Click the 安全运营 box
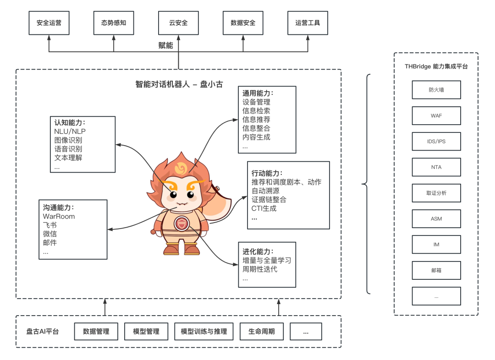coord(49,23)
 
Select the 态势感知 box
coord(114,23)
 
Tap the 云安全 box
coord(178,23)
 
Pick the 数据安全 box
coord(243,23)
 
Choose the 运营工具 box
coord(308,23)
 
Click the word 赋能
coord(165,45)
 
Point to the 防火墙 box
coord(436,90)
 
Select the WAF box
coord(436,116)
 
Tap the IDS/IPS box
coord(436,142)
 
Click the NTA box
coord(436,167)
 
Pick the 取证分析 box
coord(436,193)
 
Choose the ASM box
coord(436,219)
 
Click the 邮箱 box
coord(436,270)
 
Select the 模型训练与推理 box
coord(204,331)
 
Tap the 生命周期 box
coord(261,331)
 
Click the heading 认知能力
coord(70,123)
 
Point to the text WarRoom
coord(59,216)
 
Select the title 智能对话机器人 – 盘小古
coord(178,84)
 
